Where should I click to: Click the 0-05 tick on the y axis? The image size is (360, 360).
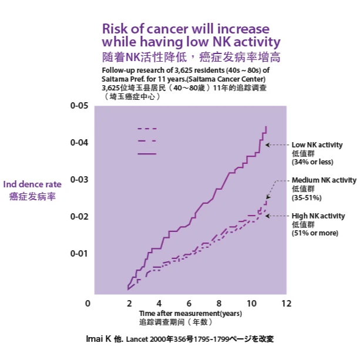[79, 106]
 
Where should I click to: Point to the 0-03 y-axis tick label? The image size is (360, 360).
[79, 180]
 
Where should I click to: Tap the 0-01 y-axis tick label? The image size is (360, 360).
[79, 254]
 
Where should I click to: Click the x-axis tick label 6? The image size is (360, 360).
[189, 304]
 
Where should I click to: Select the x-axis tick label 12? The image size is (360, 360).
[287, 304]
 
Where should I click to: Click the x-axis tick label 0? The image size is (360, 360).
[88, 304]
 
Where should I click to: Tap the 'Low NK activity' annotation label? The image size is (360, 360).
[317, 144]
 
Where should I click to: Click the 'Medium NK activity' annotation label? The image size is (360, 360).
[324, 180]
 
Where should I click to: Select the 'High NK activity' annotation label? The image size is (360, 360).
[318, 216]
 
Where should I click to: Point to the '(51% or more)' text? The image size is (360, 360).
[315, 234]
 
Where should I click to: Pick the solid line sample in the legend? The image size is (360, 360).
[147, 154]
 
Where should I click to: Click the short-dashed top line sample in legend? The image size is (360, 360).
[147, 128]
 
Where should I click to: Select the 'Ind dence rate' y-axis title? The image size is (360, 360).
[33, 184]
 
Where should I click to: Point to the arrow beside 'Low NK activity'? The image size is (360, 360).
[276, 144]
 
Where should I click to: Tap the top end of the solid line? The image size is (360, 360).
[266, 127]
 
